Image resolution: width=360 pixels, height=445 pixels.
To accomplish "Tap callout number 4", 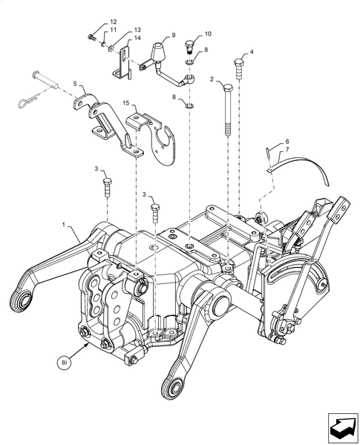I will [252, 52].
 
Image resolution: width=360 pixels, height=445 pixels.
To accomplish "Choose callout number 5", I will [75, 86].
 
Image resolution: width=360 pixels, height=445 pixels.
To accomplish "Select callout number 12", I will [114, 22].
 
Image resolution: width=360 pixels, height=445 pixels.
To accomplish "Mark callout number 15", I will [126, 105].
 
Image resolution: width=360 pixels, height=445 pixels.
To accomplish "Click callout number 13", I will [137, 30].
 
